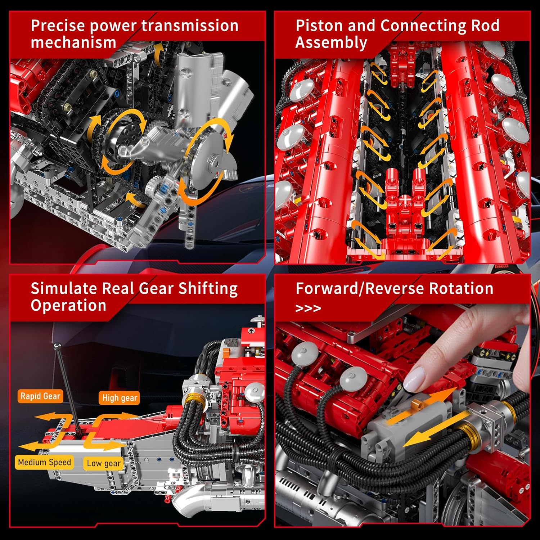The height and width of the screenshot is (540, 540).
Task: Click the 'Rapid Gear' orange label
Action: (x=40, y=396)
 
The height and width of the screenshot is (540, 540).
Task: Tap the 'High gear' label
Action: (x=120, y=398)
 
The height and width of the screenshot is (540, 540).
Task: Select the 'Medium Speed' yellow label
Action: (x=44, y=462)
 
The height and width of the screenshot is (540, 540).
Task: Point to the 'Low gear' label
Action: (x=104, y=463)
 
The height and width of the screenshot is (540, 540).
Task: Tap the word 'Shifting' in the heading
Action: (x=208, y=289)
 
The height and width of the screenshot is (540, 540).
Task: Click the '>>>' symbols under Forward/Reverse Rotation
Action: (x=308, y=309)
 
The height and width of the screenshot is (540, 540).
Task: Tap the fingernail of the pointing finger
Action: (x=414, y=380)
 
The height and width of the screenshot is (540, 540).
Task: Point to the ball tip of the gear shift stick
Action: (x=57, y=347)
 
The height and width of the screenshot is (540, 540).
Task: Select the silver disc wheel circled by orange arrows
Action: (x=211, y=161)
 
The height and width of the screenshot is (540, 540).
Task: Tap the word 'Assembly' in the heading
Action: (x=331, y=42)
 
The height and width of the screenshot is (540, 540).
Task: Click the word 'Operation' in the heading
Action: (x=68, y=306)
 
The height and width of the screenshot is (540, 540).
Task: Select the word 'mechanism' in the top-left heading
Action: (x=73, y=42)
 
